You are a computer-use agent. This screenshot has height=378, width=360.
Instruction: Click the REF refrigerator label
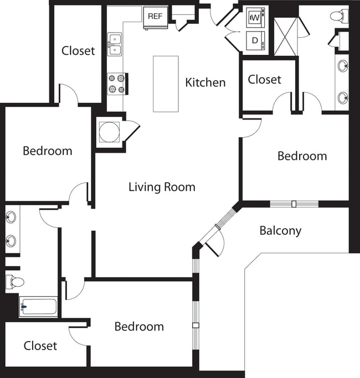click(x=155, y=16)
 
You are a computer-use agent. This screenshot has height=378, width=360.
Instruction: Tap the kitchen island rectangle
click(x=166, y=84)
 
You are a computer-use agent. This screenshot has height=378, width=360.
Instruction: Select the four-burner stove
click(x=116, y=84)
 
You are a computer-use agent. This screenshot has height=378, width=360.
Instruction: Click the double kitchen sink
click(x=115, y=44)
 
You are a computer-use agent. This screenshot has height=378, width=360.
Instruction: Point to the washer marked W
click(x=255, y=18)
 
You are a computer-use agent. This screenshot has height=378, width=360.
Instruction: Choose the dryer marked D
click(x=255, y=40)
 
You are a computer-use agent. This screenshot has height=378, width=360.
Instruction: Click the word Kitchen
click(x=205, y=82)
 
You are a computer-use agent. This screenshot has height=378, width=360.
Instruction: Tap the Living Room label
click(x=162, y=187)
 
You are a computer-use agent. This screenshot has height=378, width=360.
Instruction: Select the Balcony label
click(x=280, y=231)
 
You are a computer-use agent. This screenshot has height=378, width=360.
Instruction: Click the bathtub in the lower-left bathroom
click(x=38, y=306)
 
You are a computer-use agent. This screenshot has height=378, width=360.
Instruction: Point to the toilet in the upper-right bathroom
click(x=338, y=15)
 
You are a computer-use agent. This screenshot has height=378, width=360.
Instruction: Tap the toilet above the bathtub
click(x=15, y=282)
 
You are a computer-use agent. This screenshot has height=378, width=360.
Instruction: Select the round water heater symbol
click(x=109, y=133)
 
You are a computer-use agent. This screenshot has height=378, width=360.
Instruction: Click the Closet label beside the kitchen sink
click(x=78, y=50)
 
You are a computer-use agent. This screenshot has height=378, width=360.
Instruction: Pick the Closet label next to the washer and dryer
click(x=264, y=80)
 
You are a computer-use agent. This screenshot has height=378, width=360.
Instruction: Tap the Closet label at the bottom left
click(x=40, y=346)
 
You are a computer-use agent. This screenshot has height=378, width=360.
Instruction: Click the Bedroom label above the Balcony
click(x=302, y=156)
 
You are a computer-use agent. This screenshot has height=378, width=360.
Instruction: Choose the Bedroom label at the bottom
click(x=139, y=327)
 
